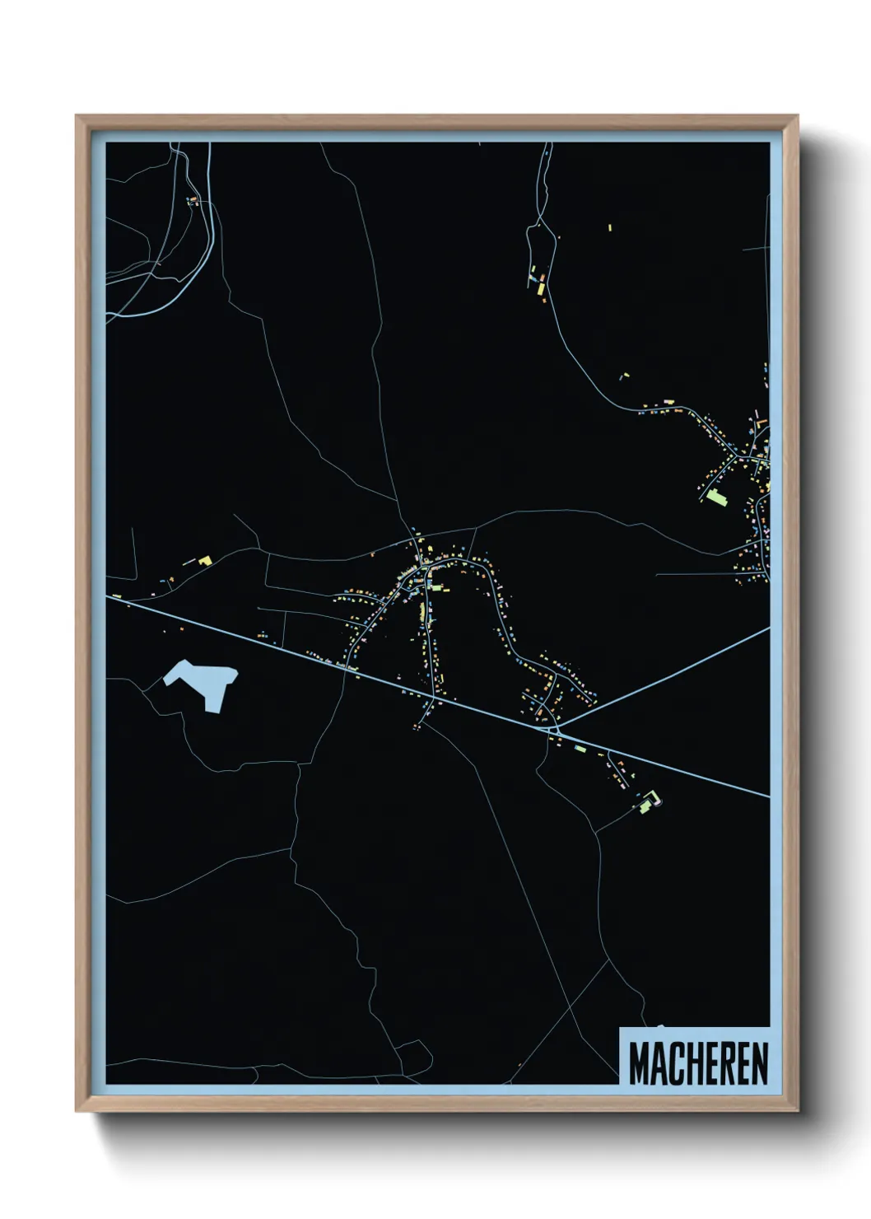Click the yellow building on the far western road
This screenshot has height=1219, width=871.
[204, 560]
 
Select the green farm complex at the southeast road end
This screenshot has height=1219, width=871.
[650, 801]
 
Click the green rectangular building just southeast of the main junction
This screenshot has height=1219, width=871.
[581, 749]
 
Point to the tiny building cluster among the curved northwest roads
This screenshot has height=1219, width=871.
[193, 200]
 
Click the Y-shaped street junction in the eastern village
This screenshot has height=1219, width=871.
[744, 456]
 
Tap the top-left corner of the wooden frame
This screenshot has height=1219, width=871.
[77, 116]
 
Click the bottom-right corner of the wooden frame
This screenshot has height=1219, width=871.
[798, 1111]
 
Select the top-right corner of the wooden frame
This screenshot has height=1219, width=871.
[798, 116]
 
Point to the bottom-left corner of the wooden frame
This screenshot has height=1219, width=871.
[77, 1111]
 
